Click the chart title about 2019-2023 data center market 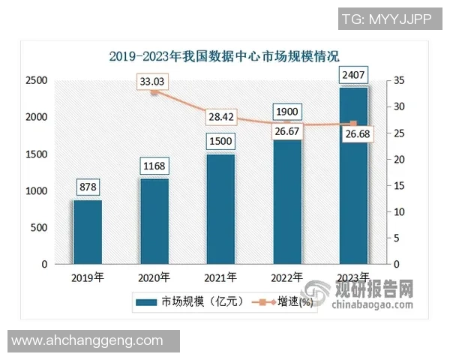(224, 55)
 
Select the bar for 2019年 (88, 232)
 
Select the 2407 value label (353, 75)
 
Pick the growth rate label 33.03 (154, 81)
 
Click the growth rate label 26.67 (287, 132)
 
